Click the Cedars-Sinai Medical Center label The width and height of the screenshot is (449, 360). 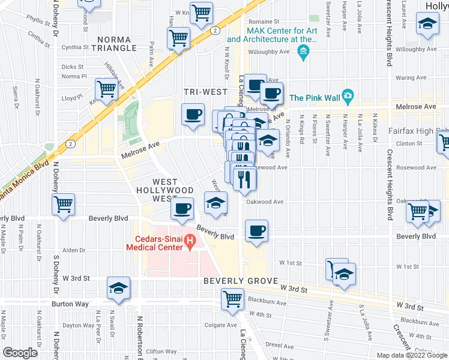tap(154, 242)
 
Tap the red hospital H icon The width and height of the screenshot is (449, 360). tap(190, 242)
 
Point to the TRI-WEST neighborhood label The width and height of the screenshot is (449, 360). tap(205, 92)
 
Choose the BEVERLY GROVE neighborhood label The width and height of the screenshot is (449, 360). tap(240, 281)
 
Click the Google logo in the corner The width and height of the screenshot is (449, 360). tap(20, 353)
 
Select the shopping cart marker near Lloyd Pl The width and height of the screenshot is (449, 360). tap(106, 90)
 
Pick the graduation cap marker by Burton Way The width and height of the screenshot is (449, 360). tap(119, 289)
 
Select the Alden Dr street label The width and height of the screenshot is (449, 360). tap(74, 250)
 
